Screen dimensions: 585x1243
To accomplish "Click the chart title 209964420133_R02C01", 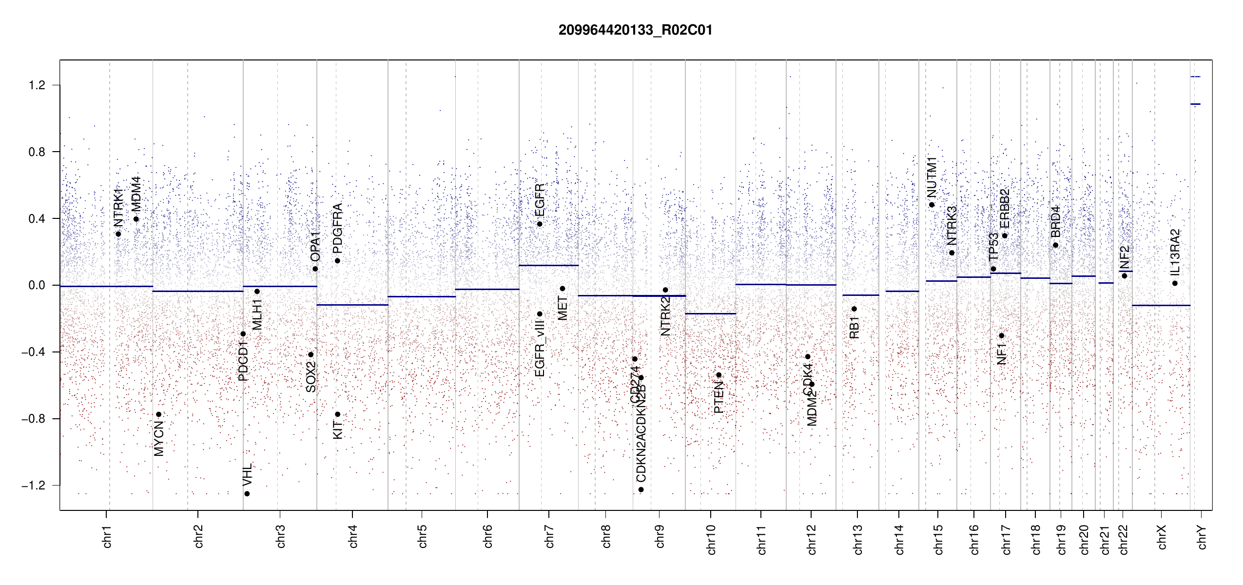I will click(x=635, y=30).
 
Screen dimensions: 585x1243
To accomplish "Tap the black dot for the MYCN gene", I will click(x=158, y=414).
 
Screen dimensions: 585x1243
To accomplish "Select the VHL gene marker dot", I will click(x=247, y=494).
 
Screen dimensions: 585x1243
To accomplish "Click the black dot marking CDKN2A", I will click(x=641, y=489).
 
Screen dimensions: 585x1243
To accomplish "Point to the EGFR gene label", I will click(x=540, y=200).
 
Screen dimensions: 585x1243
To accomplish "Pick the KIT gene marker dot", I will click(x=337, y=414).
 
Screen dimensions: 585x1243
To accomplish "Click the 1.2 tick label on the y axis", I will click(x=37, y=85).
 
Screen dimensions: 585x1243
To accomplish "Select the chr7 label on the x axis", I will click(x=549, y=536).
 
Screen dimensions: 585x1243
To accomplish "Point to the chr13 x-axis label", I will click(x=857, y=539).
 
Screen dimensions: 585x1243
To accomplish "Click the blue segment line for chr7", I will click(x=548, y=265).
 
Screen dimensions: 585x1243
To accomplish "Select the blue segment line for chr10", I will click(x=710, y=313).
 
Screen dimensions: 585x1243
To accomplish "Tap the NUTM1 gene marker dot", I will click(x=932, y=205).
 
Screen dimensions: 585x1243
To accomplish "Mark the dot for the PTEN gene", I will click(x=719, y=375).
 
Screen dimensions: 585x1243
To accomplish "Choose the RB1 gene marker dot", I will click(x=854, y=309).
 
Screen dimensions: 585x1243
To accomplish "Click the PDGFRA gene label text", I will click(x=337, y=228).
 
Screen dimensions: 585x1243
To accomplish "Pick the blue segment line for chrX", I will click(x=1161, y=305).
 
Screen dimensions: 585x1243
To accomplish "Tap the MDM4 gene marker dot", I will click(x=136, y=219).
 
